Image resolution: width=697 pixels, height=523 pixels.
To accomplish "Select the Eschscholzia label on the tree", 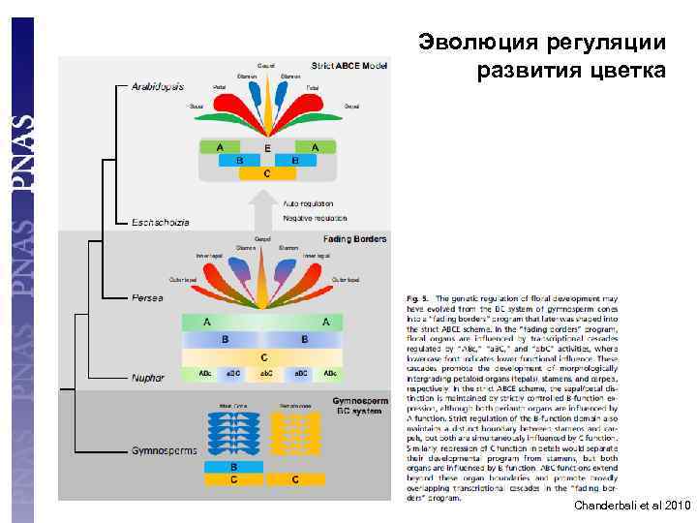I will tap(158, 222).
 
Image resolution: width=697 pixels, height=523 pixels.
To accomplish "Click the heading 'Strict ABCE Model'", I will tap(349, 66).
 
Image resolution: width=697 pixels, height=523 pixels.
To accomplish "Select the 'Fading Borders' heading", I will tap(354, 238).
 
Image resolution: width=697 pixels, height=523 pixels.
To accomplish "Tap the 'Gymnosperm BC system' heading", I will tap(359, 405).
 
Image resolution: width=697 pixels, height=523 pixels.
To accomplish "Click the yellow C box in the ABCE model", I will tap(266, 174).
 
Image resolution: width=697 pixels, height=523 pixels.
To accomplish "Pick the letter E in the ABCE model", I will tap(267, 148).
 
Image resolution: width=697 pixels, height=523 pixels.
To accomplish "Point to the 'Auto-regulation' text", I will tap(308, 204).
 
